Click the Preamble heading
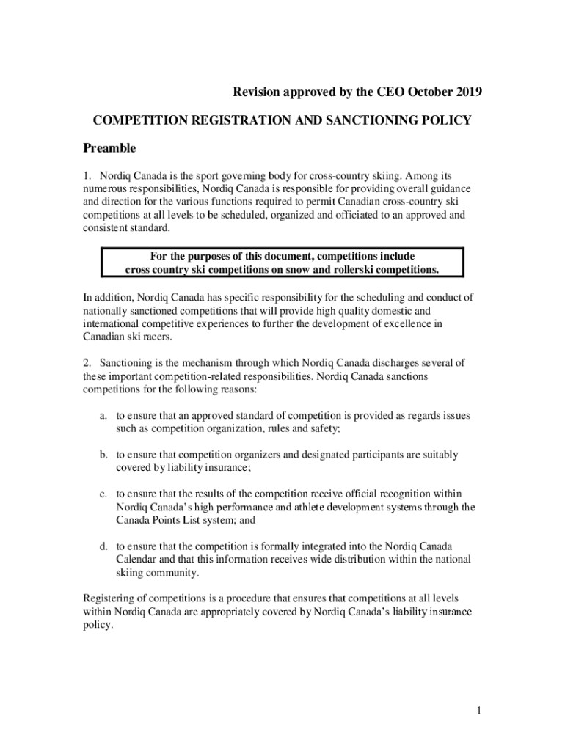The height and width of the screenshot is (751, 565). click(x=109, y=148)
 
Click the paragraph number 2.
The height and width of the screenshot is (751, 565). click(x=86, y=362)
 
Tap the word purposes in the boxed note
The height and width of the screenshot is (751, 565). click(x=205, y=256)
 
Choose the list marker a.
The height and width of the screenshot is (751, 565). click(x=104, y=416)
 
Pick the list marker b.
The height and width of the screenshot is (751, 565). click(x=104, y=455)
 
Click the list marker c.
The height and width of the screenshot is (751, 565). click(x=104, y=494)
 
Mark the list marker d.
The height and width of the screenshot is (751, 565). click(x=104, y=546)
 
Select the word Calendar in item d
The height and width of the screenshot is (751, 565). click(x=137, y=560)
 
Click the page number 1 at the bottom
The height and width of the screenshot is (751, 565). click(x=478, y=711)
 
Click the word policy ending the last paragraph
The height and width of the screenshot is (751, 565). click(x=98, y=626)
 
